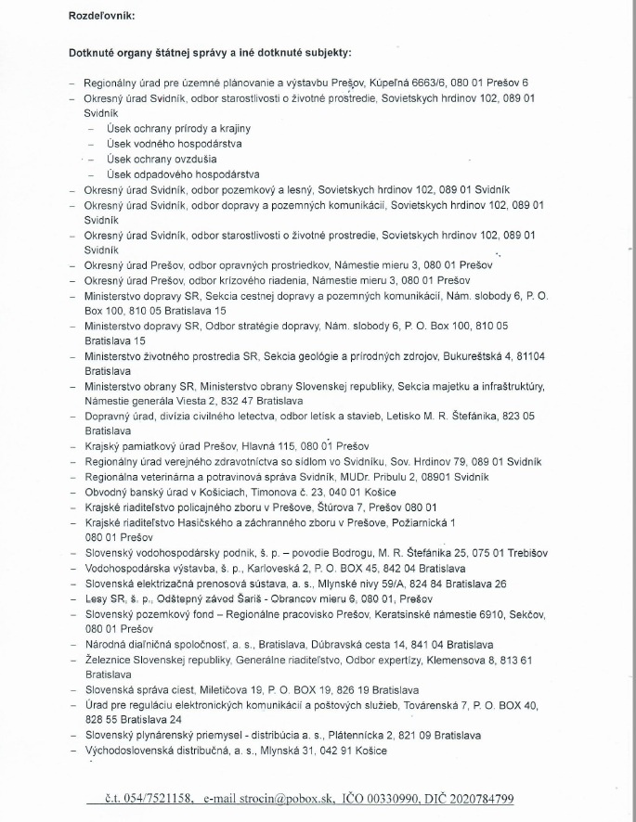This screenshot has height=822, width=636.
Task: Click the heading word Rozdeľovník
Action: [x=100, y=17]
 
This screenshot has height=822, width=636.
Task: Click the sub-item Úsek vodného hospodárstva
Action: [x=162, y=144]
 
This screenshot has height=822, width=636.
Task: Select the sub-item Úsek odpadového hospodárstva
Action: [x=169, y=173]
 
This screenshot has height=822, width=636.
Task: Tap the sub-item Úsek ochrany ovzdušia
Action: [x=154, y=159]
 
